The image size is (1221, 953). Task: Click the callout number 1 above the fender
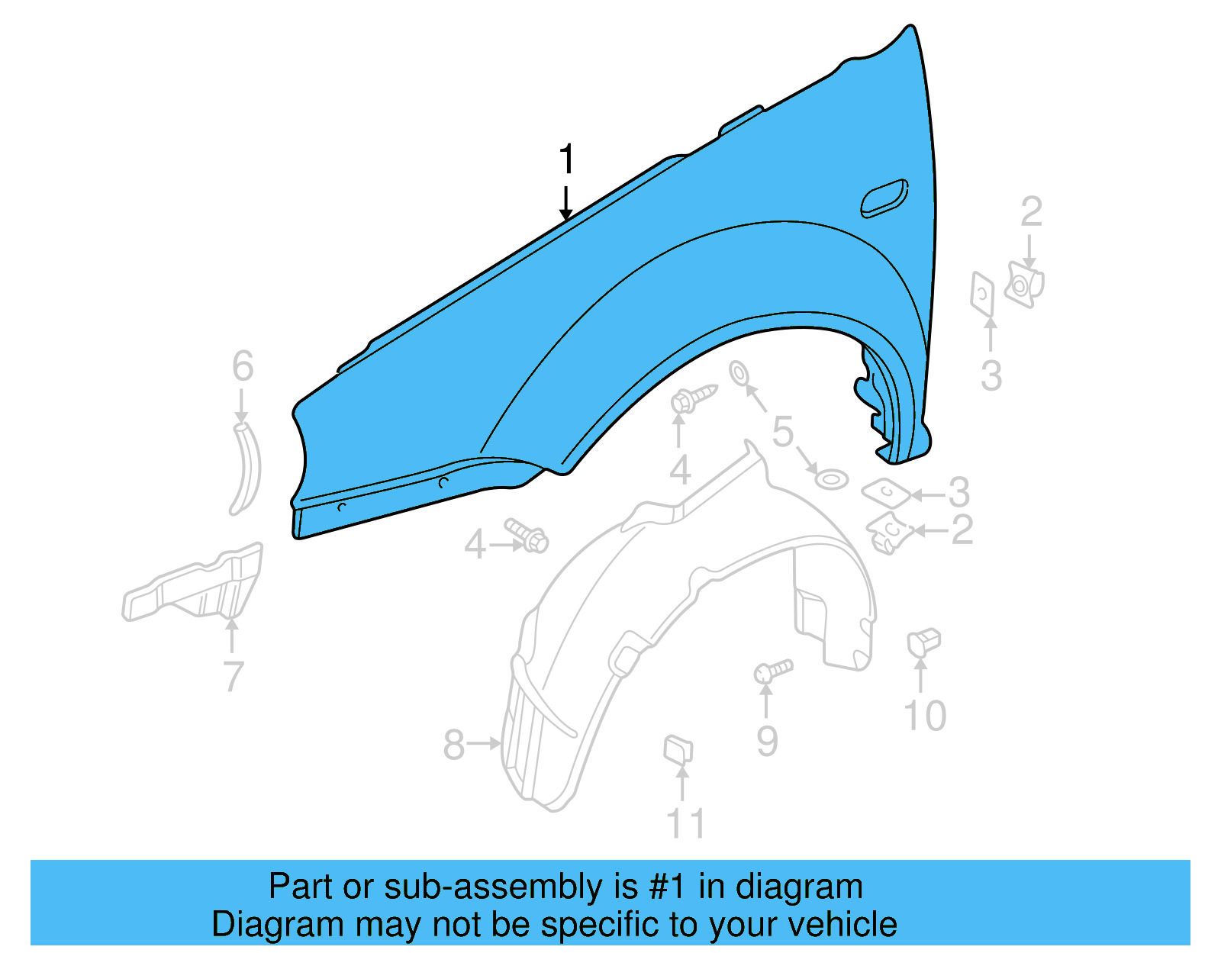[565, 159]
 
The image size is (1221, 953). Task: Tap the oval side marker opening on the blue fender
[884, 198]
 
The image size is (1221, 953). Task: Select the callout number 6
[243, 366]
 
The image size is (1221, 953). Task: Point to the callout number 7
[234, 676]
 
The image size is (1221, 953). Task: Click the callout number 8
[453, 744]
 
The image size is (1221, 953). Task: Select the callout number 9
[767, 740]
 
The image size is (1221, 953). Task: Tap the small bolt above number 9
[773, 671]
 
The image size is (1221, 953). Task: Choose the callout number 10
[925, 716]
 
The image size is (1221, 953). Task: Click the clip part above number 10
[923, 642]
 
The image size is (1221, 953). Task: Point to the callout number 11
[685, 823]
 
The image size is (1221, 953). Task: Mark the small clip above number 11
[678, 749]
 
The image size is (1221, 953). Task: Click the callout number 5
[783, 431]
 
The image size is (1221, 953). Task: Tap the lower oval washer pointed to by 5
[831, 480]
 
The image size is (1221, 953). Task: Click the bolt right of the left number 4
[527, 535]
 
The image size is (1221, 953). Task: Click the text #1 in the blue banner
[669, 887]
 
